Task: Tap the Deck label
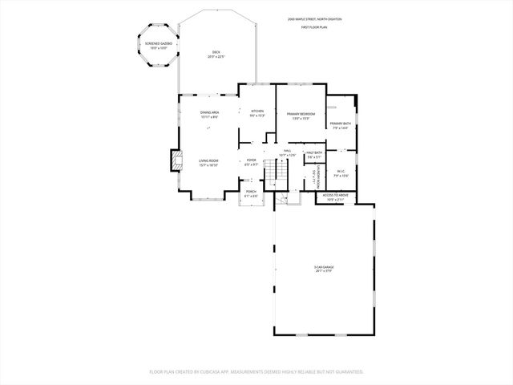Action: tap(216, 55)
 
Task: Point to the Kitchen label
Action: tap(257, 113)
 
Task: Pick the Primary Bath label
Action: tap(341, 125)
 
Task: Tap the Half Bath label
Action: tap(314, 155)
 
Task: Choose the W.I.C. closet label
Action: tap(341, 172)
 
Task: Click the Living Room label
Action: tap(208, 163)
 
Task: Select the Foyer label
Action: tap(251, 162)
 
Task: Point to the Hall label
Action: tap(286, 152)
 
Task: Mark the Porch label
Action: tap(251, 194)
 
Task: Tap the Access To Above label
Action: tap(335, 197)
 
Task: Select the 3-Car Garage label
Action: tap(324, 269)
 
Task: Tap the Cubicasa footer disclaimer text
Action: tap(256, 371)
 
